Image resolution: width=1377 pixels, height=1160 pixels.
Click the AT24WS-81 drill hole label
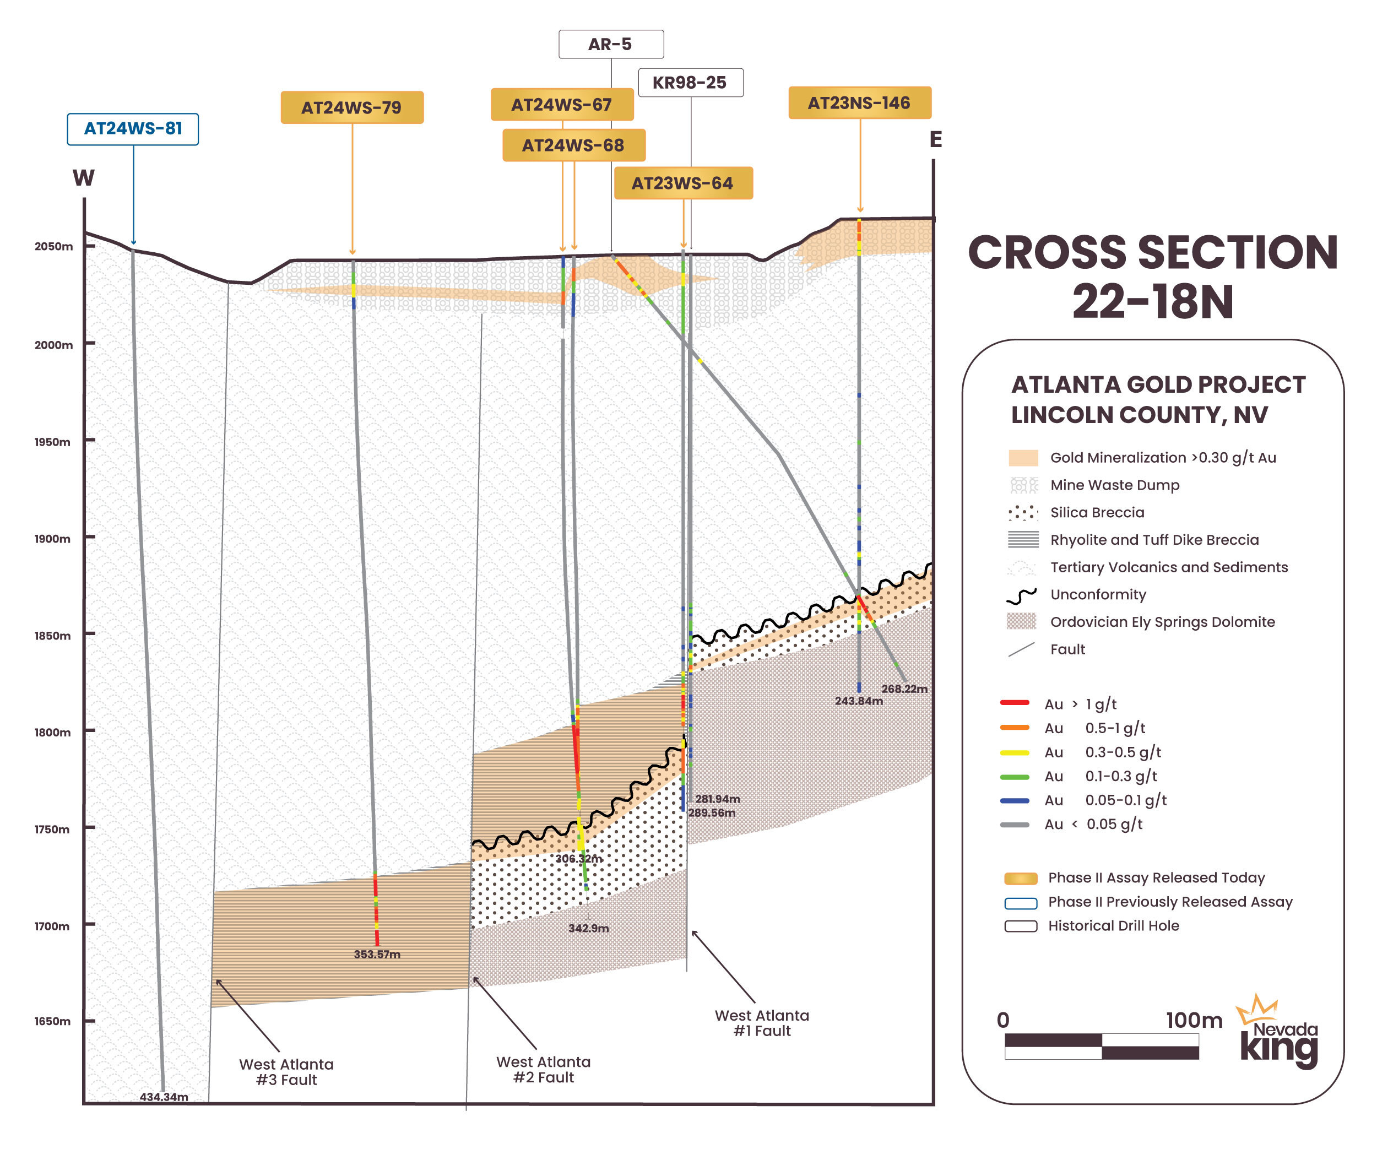(x=132, y=129)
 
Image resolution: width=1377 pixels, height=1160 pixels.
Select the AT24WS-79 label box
(x=352, y=108)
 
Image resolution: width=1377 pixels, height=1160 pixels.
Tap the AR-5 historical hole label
(x=610, y=45)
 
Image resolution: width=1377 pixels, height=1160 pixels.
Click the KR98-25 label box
(x=690, y=83)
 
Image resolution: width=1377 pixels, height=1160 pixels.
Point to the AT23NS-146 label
(x=859, y=103)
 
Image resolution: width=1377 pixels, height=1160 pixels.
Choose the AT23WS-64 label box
(x=682, y=183)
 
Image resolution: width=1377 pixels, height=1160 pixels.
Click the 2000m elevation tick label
(x=53, y=345)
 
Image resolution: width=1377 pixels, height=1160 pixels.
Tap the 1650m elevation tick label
(x=53, y=1021)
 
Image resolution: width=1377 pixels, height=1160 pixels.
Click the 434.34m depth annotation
(x=164, y=1097)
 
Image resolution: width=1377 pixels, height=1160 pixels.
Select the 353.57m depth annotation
(x=377, y=954)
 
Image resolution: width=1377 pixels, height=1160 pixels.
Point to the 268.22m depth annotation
(x=904, y=689)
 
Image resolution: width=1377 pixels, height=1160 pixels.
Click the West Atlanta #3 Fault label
(x=286, y=1072)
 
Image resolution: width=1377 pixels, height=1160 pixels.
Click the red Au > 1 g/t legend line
(x=1014, y=703)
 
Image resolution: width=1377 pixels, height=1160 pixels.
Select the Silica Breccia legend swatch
(x=1022, y=513)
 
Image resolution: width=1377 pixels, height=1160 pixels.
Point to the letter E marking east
(x=935, y=140)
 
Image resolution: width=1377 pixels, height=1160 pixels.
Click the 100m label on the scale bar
(x=1194, y=1021)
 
